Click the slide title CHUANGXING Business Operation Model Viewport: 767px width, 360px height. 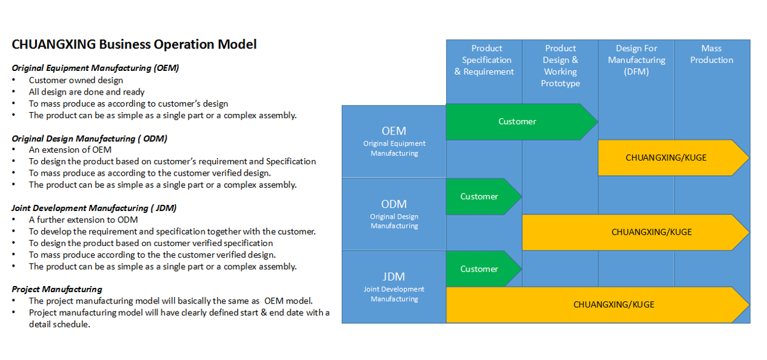tap(134, 44)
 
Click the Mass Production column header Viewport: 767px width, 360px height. tap(711, 54)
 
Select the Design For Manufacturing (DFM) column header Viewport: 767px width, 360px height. tap(636, 60)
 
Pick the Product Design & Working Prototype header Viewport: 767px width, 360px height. tap(560, 65)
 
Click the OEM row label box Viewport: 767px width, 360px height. tap(394, 141)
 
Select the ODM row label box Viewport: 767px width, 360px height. tap(394, 214)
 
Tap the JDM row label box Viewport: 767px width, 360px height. tap(394, 287)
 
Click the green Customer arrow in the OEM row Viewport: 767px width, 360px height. tap(517, 122)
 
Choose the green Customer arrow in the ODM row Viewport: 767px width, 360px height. tap(480, 196)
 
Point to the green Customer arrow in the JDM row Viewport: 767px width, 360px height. tap(480, 269)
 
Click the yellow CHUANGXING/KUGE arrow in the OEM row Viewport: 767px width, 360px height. tap(666, 158)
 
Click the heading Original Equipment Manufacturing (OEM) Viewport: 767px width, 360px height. tap(95, 68)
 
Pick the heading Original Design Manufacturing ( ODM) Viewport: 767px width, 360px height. tap(89, 138)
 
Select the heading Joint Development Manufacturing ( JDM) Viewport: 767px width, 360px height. tap(94, 208)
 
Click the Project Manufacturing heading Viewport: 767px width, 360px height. tap(56, 289)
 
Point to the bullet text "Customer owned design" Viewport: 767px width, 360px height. tap(76, 80)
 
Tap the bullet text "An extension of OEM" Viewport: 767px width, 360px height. tap(70, 150)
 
